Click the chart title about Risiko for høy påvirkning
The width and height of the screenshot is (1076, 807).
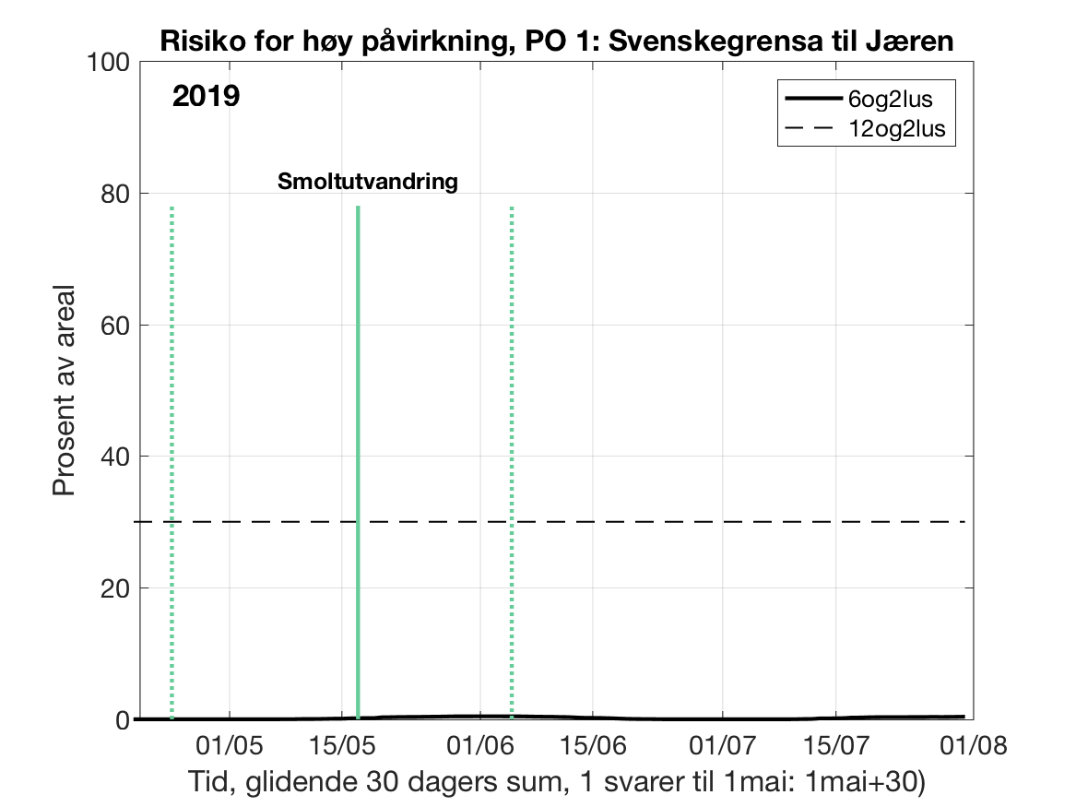tap(556, 42)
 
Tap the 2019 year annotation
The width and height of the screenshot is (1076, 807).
tap(206, 96)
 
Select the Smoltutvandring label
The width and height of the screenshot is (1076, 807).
tap(368, 182)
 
